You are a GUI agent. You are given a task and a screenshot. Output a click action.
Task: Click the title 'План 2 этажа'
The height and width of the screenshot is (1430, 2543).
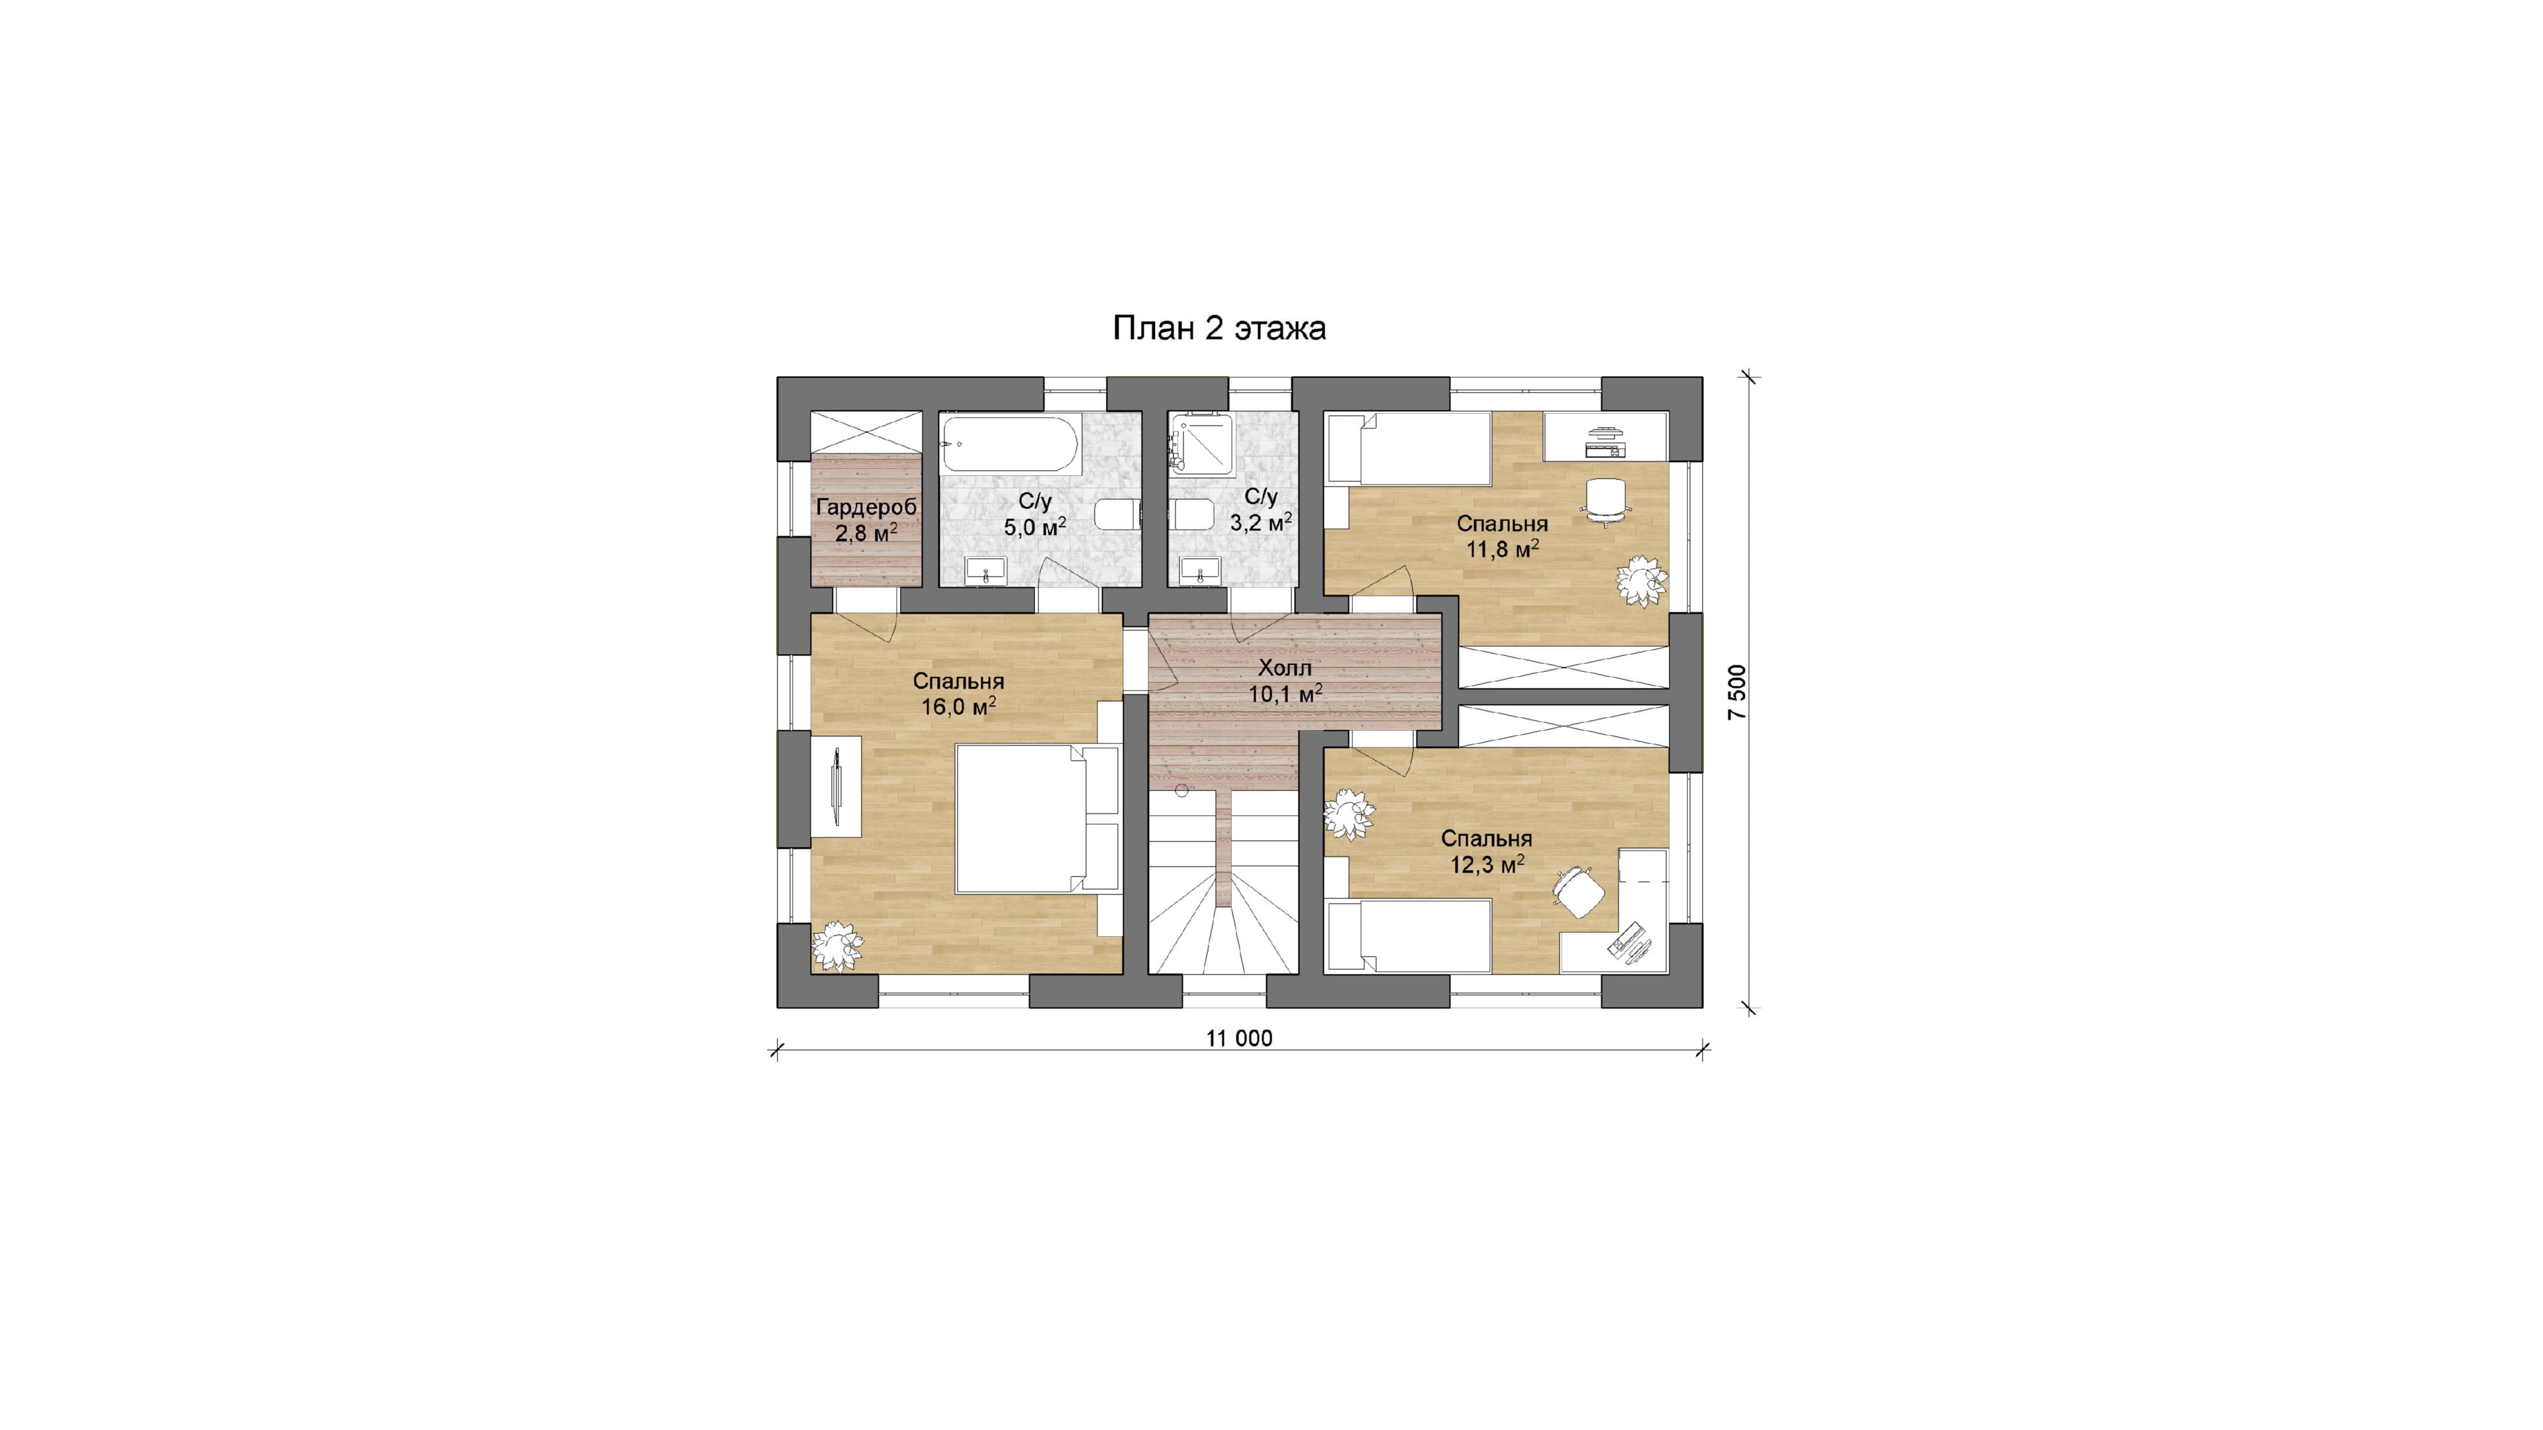coord(1219,328)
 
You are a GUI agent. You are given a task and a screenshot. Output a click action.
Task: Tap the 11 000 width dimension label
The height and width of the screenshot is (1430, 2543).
coord(1239,1038)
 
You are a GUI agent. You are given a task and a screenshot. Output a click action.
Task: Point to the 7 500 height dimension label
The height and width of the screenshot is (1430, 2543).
coord(1738,692)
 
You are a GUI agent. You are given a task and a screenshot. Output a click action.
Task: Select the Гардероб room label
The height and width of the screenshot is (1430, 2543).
coord(867,507)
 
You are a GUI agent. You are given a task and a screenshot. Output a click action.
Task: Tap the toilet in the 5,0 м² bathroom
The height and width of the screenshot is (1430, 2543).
coord(1119,515)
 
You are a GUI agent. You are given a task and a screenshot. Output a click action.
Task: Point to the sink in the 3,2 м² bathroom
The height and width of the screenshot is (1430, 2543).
coord(1199,571)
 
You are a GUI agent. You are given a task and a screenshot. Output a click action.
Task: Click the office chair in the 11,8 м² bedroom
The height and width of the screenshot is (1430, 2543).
coord(1605,501)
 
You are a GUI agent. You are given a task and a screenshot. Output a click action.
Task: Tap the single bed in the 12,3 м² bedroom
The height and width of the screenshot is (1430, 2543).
coord(1408,935)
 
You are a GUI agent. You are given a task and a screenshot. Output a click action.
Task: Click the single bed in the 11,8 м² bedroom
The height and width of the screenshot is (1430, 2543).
coord(1408,448)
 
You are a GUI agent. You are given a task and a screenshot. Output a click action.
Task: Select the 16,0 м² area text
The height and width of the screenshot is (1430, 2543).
coord(958,706)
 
